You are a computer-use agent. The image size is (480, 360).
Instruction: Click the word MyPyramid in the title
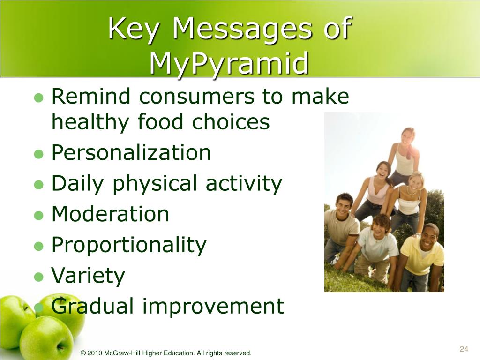point(229,64)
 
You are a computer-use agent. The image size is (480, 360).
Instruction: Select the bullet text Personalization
point(131,152)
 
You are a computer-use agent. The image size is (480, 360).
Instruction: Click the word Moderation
point(110,213)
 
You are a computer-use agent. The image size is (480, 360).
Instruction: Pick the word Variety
point(88,276)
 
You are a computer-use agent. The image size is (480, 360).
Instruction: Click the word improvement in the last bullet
point(213,307)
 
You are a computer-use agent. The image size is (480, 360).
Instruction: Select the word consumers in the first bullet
point(196,96)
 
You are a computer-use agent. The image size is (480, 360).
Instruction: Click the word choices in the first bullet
point(231,121)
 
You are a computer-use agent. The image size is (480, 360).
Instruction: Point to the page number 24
point(464,349)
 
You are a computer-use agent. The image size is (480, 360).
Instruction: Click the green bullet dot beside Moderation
point(39,215)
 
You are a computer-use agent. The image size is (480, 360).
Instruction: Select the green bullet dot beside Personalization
point(39,154)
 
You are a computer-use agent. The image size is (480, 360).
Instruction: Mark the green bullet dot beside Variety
point(39,277)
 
